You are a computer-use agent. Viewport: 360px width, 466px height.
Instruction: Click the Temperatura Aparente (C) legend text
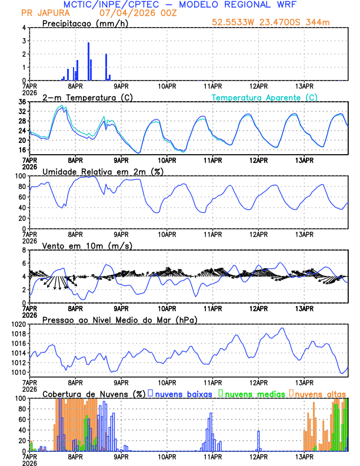point(265,97)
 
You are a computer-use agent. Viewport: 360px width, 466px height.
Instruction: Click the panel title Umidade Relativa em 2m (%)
point(102,171)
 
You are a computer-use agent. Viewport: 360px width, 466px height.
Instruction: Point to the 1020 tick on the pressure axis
point(17,324)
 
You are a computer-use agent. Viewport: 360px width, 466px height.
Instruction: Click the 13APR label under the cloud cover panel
point(304,455)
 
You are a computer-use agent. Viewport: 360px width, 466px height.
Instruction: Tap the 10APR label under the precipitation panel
point(167,85)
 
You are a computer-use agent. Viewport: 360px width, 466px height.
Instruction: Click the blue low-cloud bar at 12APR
point(258,441)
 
